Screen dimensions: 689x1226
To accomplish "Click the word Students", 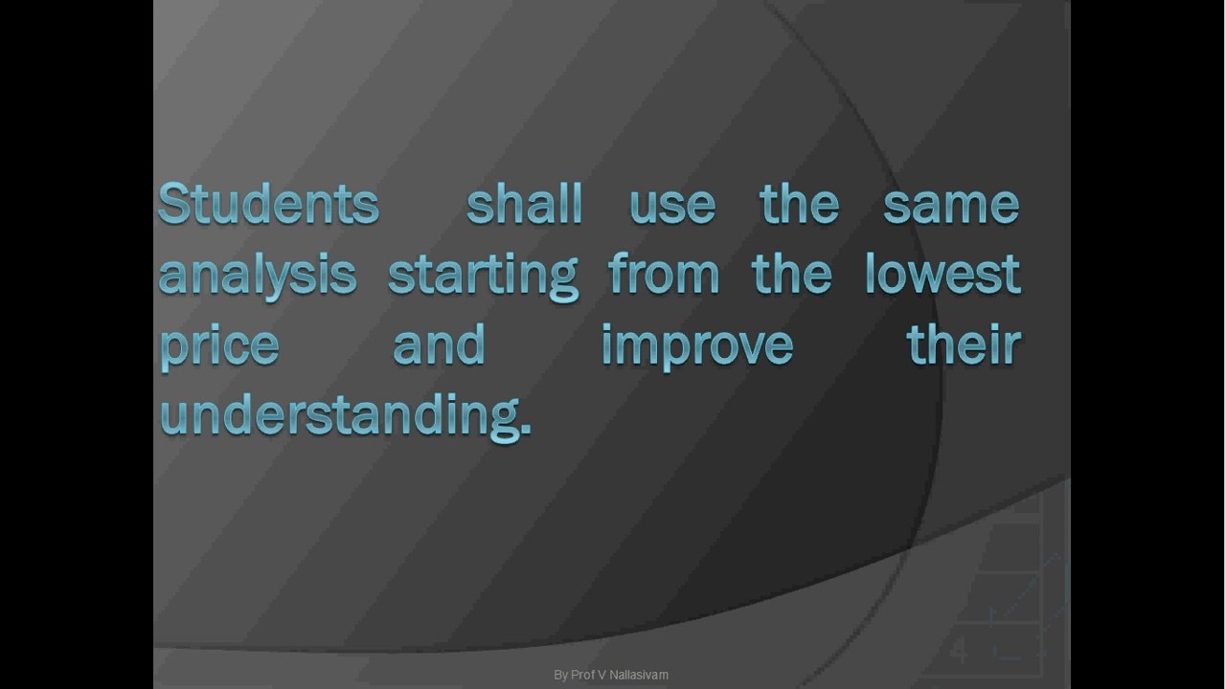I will pyautogui.click(x=268, y=203).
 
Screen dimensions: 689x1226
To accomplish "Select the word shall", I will pyautogui.click(x=524, y=203).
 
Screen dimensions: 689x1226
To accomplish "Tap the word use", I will pyautogui.click(x=672, y=205).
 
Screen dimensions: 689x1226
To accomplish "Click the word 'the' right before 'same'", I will pyautogui.click(x=799, y=203).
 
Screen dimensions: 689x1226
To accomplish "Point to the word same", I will pyautogui.click(x=950, y=205).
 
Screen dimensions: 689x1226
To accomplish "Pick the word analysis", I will pyautogui.click(x=257, y=275).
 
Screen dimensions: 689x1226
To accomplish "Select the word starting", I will pyautogui.click(x=483, y=275).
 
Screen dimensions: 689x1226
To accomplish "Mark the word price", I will pyautogui.click(x=219, y=344).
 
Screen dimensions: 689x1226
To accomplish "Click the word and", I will pyautogui.click(x=439, y=344).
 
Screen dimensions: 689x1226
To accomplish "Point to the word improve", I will pyautogui.click(x=697, y=344).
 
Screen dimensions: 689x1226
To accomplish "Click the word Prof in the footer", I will pyautogui.click(x=582, y=675).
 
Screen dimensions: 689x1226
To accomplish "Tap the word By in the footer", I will pyautogui.click(x=560, y=675).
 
